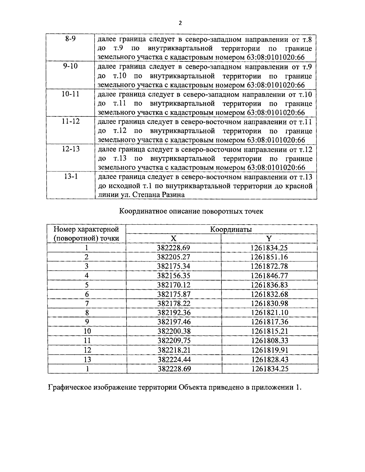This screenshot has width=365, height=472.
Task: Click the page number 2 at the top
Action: (x=180, y=23)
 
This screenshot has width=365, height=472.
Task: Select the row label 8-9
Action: (x=70, y=39)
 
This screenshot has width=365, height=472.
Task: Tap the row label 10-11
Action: (x=70, y=94)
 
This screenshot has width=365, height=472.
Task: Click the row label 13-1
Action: (x=70, y=177)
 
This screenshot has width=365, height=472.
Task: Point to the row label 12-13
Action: (x=70, y=149)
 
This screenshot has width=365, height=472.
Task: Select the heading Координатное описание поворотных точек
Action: (x=191, y=211)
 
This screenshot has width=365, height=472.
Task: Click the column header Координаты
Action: (x=231, y=229)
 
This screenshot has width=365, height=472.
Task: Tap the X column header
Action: (x=173, y=239)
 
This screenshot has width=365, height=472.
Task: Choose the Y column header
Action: (x=269, y=239)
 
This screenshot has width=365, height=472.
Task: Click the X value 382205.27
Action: (x=173, y=257)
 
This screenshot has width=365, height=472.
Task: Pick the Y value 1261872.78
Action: (x=269, y=267)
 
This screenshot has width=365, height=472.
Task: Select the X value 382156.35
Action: (x=173, y=276)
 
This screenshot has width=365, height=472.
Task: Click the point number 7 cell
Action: (x=87, y=304)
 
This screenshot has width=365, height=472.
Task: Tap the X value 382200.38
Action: (x=174, y=331)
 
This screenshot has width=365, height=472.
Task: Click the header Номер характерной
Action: (x=86, y=229)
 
